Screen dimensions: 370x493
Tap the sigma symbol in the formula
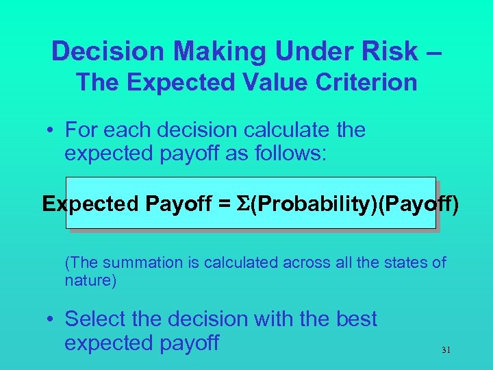(244, 203)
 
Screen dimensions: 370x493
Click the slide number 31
(446, 350)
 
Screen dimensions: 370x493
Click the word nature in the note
(90, 280)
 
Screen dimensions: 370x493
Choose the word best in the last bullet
(356, 319)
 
